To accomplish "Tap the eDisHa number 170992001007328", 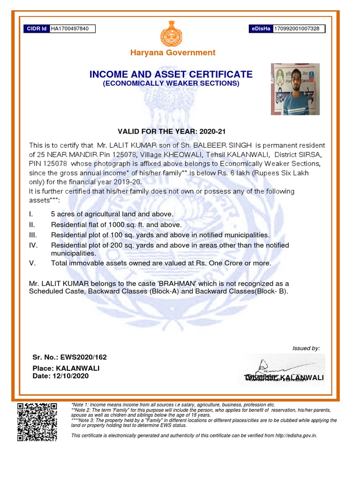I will tap(296, 29).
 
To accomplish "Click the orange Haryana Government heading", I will tap(173, 52).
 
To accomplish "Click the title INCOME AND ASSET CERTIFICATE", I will tap(171, 75).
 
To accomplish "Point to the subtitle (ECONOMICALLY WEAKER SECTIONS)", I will tap(171, 83).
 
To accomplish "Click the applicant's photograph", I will tap(295, 89).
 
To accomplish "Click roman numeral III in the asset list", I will tap(33, 235).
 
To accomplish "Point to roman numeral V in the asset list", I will tap(32, 263).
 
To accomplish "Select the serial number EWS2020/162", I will tap(87, 357).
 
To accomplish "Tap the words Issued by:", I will tap(306, 348).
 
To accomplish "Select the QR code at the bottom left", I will tap(37, 422).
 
